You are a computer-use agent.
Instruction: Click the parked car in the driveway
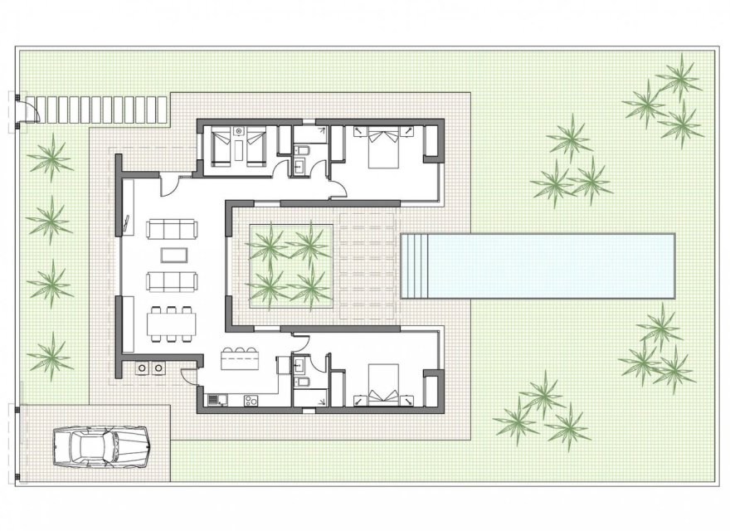(101, 446)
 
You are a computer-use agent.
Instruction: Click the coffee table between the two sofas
(173, 254)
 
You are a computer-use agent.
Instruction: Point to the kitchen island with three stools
(241, 362)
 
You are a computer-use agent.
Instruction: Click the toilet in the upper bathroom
(304, 149)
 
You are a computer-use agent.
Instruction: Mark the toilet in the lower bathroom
(304, 381)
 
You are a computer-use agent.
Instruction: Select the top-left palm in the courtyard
(268, 244)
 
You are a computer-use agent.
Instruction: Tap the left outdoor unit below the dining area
(143, 366)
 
